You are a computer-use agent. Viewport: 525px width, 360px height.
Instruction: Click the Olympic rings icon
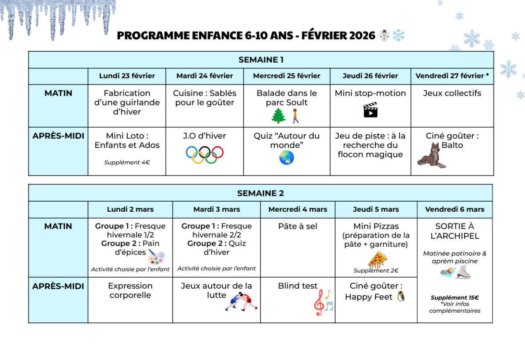pos(205,154)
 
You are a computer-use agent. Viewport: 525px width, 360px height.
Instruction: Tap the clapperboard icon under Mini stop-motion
pos(370,110)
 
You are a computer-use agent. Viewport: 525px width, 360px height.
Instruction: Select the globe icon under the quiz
pos(287,158)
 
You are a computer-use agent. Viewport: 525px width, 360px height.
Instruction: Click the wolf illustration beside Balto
pos(431,156)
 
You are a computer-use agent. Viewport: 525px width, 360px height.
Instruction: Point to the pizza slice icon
pos(377,259)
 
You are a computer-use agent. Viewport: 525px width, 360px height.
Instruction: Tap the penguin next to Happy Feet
pos(401,297)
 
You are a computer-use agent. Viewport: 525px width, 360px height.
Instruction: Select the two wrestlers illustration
pos(241,302)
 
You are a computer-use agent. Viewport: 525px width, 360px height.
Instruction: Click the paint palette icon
pos(156,257)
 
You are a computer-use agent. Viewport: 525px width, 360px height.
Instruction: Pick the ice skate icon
pos(462,272)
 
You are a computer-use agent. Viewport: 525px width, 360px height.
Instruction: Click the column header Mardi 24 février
pos(205,76)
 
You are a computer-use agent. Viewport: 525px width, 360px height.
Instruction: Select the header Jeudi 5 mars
pos(376,210)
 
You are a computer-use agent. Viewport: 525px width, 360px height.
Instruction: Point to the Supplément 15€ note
pos(455,298)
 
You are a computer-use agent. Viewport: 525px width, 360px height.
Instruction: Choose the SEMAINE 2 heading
pos(261,193)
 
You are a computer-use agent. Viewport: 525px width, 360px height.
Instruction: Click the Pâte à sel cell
pos(298,226)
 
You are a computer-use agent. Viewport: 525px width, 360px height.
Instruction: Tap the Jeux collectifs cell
pos(452,93)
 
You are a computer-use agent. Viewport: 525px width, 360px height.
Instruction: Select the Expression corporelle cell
pos(130,290)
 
